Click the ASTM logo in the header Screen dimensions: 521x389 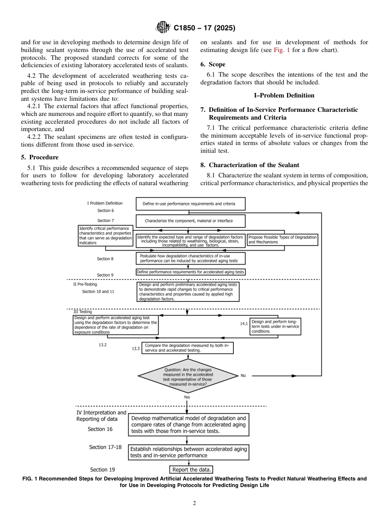click(163, 28)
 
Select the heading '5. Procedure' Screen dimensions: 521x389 click(40, 157)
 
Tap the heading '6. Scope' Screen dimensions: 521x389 click(213, 64)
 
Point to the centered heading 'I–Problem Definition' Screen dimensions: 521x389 click(284, 95)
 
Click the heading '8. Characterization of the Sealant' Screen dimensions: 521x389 click(250, 165)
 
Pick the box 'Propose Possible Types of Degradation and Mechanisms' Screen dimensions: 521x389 click(282, 240)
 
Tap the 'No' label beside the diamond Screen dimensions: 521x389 click(243, 376)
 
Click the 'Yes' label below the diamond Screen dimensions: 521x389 click(187, 397)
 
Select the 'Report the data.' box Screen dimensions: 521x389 click(192, 469)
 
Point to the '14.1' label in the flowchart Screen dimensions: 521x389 click(244, 324)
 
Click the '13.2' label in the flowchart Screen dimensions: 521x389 click(102, 345)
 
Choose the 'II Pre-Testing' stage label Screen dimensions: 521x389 click(85, 284)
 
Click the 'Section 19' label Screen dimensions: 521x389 click(105, 469)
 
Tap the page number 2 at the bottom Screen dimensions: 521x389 click(194, 503)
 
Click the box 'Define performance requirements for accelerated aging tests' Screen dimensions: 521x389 click(190, 272)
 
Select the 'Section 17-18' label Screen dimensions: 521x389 click(105, 447)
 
